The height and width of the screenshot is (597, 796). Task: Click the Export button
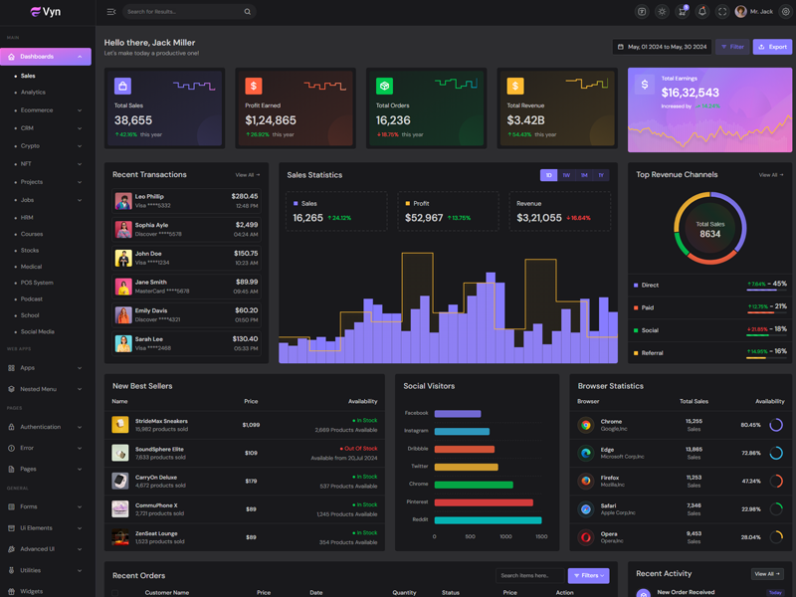click(772, 47)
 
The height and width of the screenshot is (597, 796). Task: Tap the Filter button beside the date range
click(732, 47)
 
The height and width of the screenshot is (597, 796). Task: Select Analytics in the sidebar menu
click(33, 93)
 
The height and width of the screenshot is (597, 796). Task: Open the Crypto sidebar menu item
click(31, 146)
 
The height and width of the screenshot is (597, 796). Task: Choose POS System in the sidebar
click(37, 283)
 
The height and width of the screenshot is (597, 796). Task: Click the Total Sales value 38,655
click(133, 120)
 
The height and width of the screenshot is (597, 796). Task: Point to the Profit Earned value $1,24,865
click(271, 120)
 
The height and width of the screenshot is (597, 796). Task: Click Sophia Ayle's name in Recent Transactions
click(151, 225)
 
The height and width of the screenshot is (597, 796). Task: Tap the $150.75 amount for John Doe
click(246, 253)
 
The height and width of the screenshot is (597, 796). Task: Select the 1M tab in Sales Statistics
click(584, 175)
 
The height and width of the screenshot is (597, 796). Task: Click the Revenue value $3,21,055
click(539, 218)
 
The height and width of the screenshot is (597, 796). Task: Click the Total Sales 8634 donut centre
click(709, 230)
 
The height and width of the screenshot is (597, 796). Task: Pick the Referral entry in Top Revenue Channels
click(652, 352)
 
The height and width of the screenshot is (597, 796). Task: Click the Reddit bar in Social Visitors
click(488, 520)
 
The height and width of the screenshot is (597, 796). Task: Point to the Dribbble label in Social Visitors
click(417, 449)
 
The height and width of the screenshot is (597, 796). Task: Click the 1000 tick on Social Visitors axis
click(505, 537)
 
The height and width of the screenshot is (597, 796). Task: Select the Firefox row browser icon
click(586, 481)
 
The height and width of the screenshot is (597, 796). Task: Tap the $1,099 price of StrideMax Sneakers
click(251, 425)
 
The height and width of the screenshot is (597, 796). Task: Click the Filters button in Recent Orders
click(588, 575)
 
